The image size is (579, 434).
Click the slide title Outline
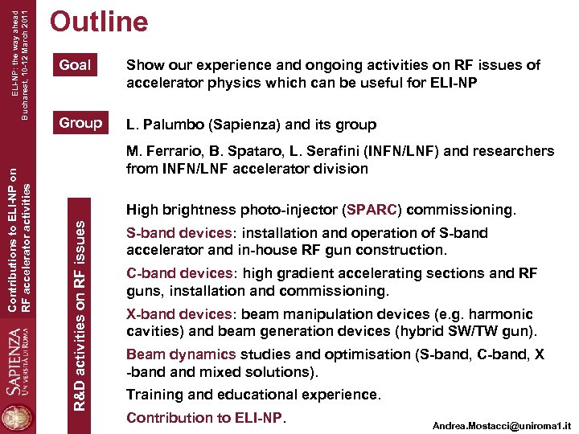(x=99, y=22)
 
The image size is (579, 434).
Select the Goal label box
(x=76, y=65)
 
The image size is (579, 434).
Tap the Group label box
(x=80, y=123)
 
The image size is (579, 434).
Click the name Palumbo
(x=170, y=125)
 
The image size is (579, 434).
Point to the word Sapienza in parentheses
(x=241, y=125)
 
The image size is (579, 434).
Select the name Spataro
(x=256, y=151)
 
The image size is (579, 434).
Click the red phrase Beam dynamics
(x=181, y=354)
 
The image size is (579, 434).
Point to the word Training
(x=156, y=395)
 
